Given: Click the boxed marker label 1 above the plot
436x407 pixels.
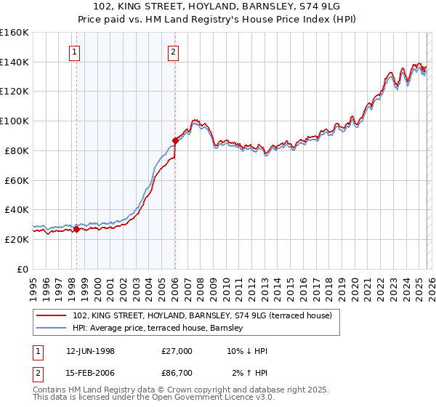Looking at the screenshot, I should tap(76, 52).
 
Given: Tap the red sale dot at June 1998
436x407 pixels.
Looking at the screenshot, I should tap(77, 229).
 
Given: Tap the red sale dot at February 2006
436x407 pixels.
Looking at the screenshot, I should tap(175, 140).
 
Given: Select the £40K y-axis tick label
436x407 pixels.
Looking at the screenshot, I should tap(17, 209).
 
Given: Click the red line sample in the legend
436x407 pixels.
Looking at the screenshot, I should tap(52, 315).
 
